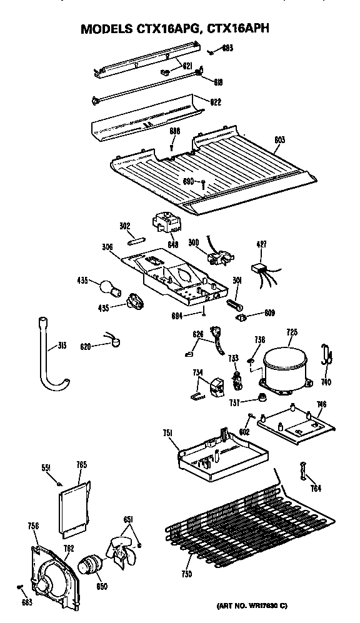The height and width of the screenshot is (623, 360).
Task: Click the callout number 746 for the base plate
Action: [321, 404]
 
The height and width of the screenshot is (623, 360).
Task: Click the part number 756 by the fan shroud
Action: [33, 527]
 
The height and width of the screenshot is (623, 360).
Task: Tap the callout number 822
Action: [216, 102]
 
